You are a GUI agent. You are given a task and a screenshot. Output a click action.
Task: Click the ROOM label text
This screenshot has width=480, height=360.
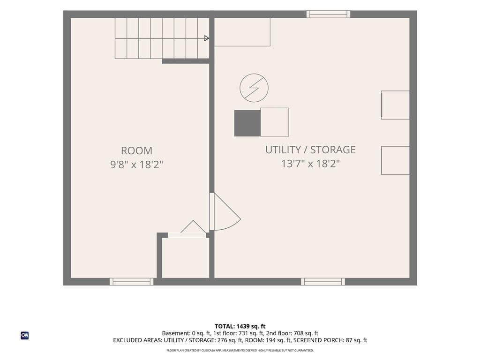click(x=136, y=150)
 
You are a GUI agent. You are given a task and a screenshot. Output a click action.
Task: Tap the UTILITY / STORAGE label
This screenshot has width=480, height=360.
click(x=310, y=150)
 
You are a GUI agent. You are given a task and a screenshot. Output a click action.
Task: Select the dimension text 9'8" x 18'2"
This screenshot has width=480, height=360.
click(x=136, y=165)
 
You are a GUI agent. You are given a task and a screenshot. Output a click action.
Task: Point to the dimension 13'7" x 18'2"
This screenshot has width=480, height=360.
click(x=310, y=164)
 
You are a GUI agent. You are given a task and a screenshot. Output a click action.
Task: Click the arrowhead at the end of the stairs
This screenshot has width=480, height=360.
click(x=207, y=38)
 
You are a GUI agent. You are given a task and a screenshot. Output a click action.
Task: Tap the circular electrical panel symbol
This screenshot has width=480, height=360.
click(x=254, y=88)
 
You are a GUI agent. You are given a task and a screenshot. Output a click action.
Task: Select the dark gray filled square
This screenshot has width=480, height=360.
click(x=247, y=123)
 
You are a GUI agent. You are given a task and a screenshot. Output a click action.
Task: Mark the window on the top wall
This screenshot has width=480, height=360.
click(x=329, y=15)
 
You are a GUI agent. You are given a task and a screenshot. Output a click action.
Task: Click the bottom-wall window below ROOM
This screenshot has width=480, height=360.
click(x=132, y=282)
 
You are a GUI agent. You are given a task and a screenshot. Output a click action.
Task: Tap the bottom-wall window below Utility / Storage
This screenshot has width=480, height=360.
click(x=323, y=282)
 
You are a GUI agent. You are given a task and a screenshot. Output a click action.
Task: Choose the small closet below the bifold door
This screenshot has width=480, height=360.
click(x=185, y=258)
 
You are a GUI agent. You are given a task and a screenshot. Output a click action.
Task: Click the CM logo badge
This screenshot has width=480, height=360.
click(x=25, y=336)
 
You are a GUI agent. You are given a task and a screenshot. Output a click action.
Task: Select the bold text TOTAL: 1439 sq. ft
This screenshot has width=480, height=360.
click(x=240, y=326)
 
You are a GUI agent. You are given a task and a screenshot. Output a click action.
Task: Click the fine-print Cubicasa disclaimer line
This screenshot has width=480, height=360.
click(x=240, y=350)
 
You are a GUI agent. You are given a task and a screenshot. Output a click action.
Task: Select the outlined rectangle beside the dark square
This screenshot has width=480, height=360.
click(x=275, y=122)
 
